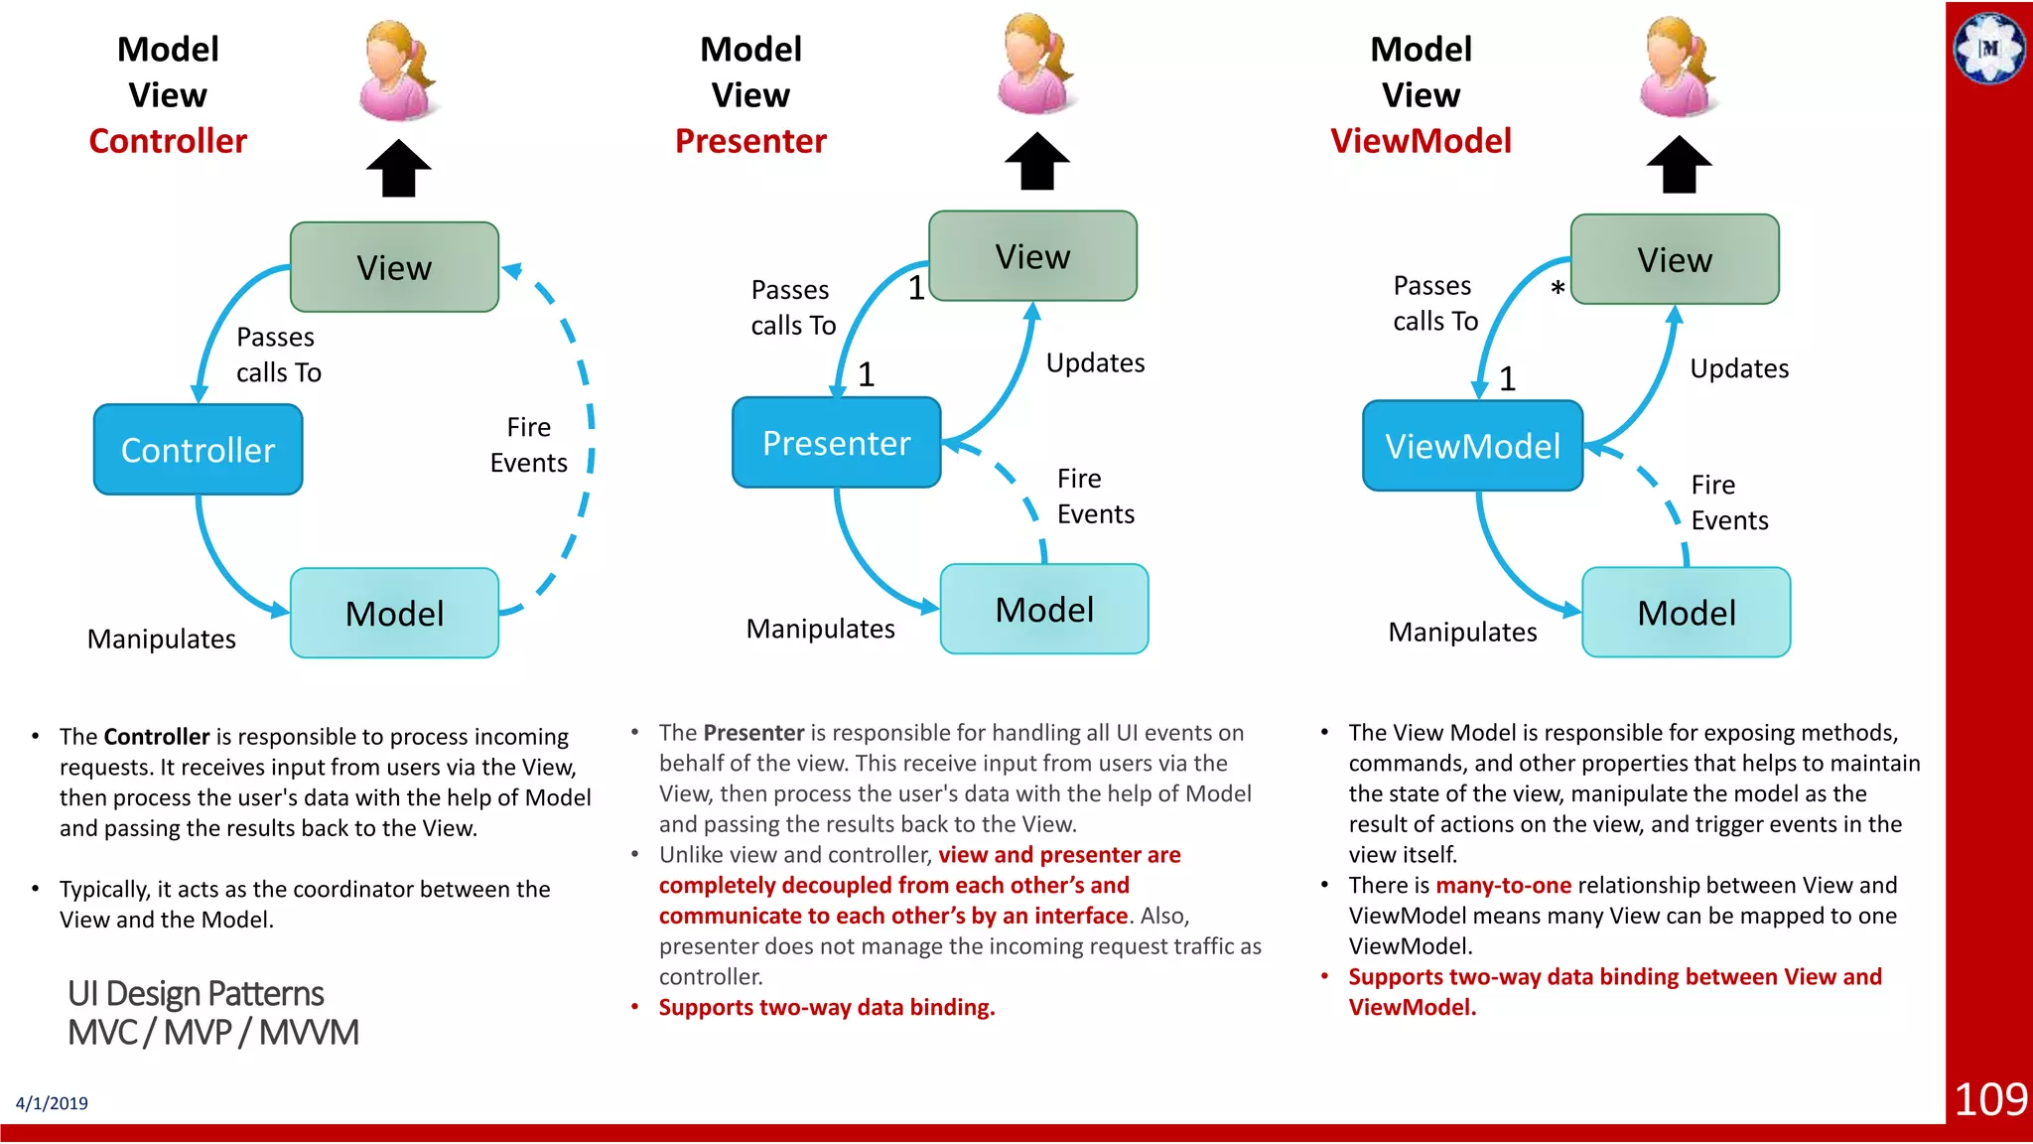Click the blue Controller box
pyautogui.click(x=198, y=450)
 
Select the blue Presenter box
pyautogui.click(x=836, y=443)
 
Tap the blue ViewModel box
pyautogui.click(x=1472, y=446)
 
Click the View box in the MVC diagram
pyautogui.click(x=394, y=267)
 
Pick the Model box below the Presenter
pyautogui.click(x=1044, y=609)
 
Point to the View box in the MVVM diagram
pyautogui.click(x=1675, y=259)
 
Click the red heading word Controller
pyautogui.click(x=168, y=141)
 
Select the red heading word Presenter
pyautogui.click(x=750, y=141)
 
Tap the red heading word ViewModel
pyautogui.click(x=1421, y=141)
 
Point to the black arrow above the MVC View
pyautogui.click(x=398, y=169)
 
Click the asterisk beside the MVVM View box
pyautogui.click(x=1558, y=289)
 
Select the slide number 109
pyautogui.click(x=1989, y=1099)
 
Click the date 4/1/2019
pyautogui.click(x=52, y=1103)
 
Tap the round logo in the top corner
pyautogui.click(x=1989, y=48)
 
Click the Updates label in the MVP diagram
pyautogui.click(x=1095, y=362)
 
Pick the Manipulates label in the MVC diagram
pyautogui.click(x=161, y=639)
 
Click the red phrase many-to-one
pyautogui.click(x=1503, y=885)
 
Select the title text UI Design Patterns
pyautogui.click(x=196, y=993)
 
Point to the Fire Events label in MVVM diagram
pyautogui.click(x=1728, y=502)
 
